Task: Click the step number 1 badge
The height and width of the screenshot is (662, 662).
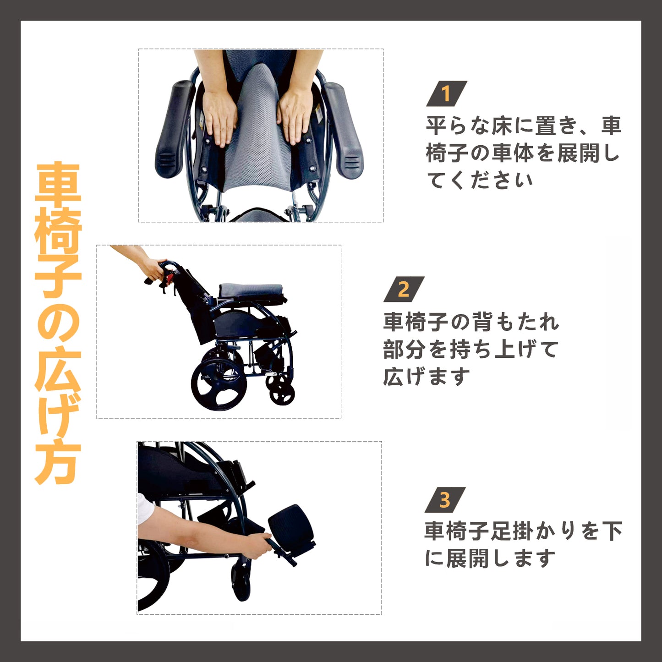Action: tap(446, 93)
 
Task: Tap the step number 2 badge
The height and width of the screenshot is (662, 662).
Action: tap(404, 289)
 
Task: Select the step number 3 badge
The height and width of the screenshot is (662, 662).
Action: tap(445, 500)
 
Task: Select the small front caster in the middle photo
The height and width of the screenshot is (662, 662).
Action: tap(282, 394)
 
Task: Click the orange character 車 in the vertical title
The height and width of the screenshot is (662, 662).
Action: tap(58, 183)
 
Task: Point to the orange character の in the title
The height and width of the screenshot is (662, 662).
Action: tap(58, 323)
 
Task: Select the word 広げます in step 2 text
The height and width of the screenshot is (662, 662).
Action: tap(427, 377)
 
